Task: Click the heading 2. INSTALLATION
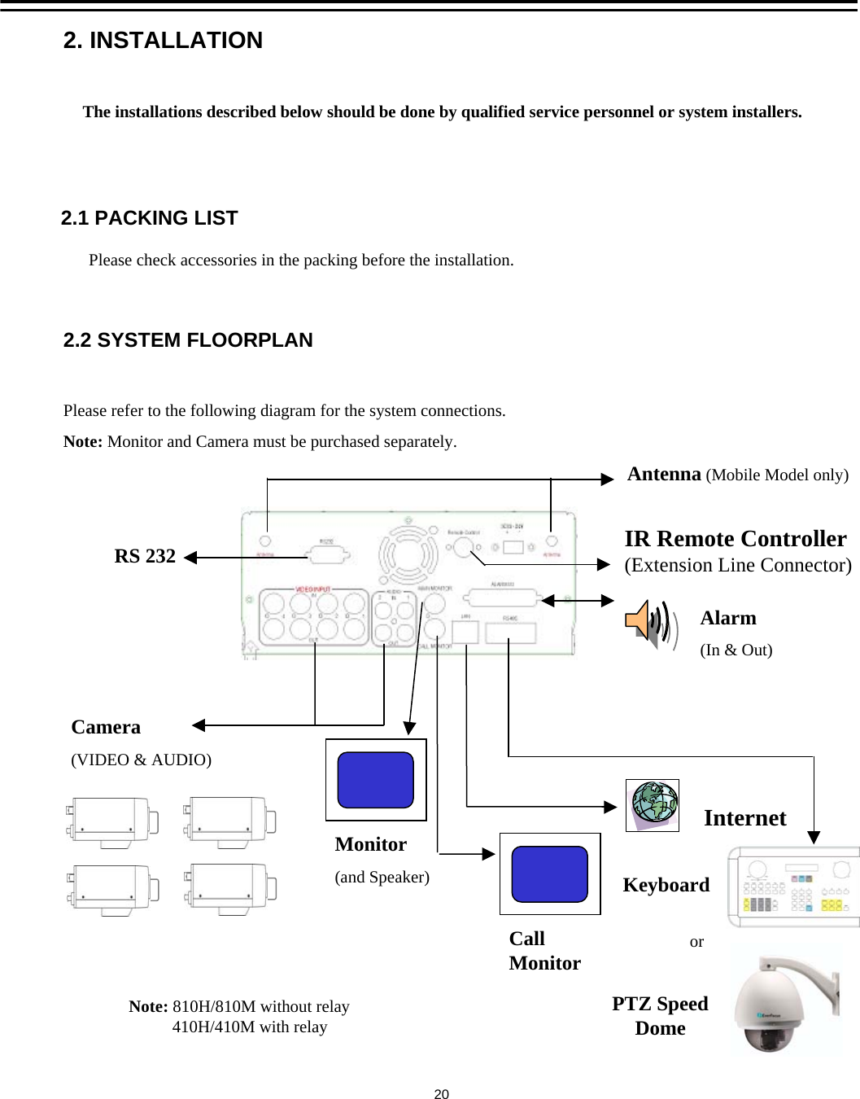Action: (x=163, y=40)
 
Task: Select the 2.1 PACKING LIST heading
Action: (x=149, y=218)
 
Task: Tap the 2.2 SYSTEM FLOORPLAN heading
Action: (x=188, y=340)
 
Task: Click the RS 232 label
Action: (x=145, y=556)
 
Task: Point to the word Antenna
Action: (x=664, y=474)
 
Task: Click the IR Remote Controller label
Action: (x=735, y=539)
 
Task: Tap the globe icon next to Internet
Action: (x=653, y=804)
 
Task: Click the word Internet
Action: (x=744, y=818)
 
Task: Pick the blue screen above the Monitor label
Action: (x=376, y=780)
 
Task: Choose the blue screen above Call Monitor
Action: (x=550, y=874)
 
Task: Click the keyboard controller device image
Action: (x=793, y=887)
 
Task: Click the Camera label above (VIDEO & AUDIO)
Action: (x=106, y=727)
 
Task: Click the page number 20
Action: (x=441, y=1094)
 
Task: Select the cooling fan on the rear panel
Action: (x=408, y=556)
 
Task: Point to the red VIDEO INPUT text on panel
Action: (x=312, y=589)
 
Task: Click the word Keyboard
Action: (x=666, y=885)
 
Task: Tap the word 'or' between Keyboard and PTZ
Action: (x=696, y=942)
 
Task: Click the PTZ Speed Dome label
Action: (x=660, y=1016)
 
